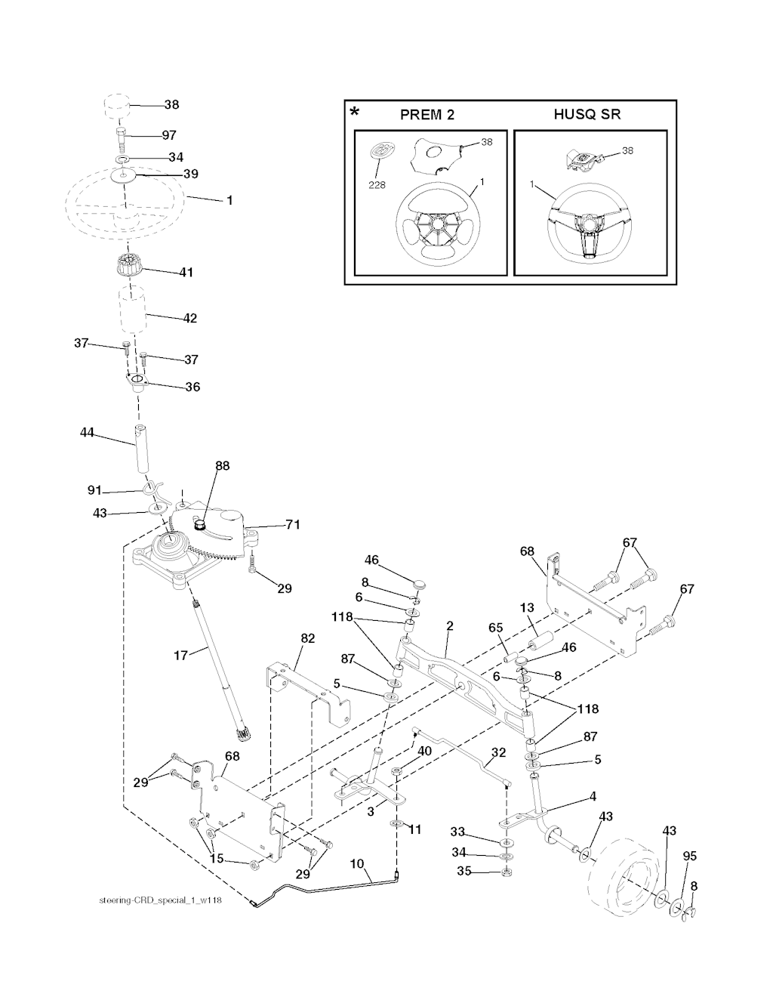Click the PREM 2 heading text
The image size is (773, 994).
point(427,116)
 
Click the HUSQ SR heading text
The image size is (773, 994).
point(587,116)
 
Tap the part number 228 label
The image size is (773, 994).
point(377,186)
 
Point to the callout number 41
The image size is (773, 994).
point(186,272)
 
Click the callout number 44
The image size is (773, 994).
point(88,433)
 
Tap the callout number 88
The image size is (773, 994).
point(222,466)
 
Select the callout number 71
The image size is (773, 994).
point(291,524)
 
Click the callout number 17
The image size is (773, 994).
point(180,656)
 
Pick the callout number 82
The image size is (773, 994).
point(307,638)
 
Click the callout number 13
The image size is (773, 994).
point(527,608)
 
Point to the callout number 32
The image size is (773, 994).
point(498,752)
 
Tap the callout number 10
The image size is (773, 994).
point(357,863)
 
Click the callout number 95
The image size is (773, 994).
point(689,856)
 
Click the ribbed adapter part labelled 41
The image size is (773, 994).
point(130,268)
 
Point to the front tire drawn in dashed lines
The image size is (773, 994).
point(623,876)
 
